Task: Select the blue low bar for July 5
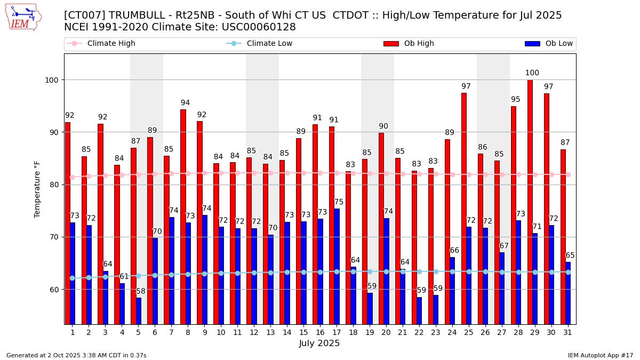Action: tap(139, 310)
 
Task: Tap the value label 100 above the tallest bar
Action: tap(532, 73)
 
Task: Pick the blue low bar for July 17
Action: tap(337, 266)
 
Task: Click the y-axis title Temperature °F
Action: tap(37, 189)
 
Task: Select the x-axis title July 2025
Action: tap(319, 343)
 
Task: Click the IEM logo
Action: tap(23, 17)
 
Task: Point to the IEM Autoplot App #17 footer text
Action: tap(601, 355)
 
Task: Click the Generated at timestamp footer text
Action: tap(76, 355)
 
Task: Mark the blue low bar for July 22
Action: tap(419, 310)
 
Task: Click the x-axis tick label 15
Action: tap(303, 332)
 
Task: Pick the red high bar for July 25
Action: tap(463, 209)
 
